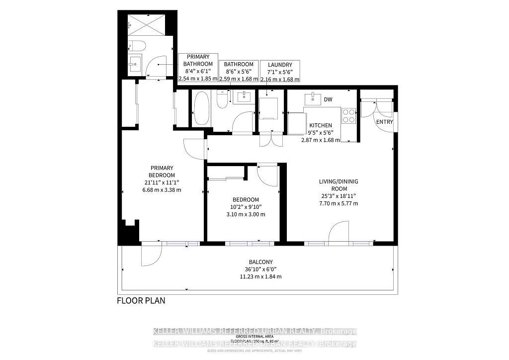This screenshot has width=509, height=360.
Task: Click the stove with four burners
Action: pyautogui.click(x=349, y=115)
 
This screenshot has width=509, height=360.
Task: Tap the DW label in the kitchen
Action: pyautogui.click(x=328, y=99)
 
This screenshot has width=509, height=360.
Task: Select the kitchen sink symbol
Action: pyautogui.click(x=312, y=98)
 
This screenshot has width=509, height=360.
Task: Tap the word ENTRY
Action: pyautogui.click(x=384, y=122)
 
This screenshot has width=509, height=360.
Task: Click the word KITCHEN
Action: pyautogui.click(x=320, y=125)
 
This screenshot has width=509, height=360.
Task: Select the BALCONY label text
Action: pyautogui.click(x=260, y=262)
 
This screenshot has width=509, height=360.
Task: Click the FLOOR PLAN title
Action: pyautogui.click(x=141, y=300)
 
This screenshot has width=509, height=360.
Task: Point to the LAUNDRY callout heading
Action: pyautogui.click(x=280, y=65)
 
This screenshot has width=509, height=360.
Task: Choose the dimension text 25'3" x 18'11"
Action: pyautogui.click(x=338, y=196)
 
